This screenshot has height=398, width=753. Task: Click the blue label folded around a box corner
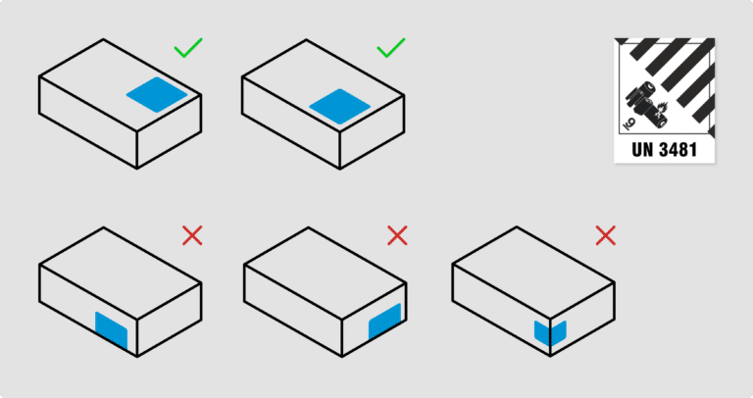[x=550, y=332]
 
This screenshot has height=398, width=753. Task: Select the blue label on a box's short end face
[x=384, y=322]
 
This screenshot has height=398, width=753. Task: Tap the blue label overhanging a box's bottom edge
[x=112, y=329]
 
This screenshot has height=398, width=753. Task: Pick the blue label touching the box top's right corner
[x=157, y=94]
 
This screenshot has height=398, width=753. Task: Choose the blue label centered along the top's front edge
[x=340, y=106]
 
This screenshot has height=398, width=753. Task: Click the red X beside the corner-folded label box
[x=606, y=235]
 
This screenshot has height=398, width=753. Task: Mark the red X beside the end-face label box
[x=397, y=235]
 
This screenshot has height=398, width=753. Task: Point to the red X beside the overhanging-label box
[x=192, y=235]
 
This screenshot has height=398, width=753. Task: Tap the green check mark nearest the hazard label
[x=391, y=47]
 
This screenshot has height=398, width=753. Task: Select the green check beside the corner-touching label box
[x=188, y=47]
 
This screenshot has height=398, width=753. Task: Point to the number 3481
[x=678, y=149]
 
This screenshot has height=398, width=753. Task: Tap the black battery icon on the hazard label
[x=646, y=105]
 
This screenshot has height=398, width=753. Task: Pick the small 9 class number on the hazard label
[x=628, y=124]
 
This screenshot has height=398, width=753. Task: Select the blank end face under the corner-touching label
[x=169, y=131]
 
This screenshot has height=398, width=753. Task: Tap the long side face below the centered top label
[x=291, y=124]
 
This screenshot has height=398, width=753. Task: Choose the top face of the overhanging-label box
[x=120, y=274]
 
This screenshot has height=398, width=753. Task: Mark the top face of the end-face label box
[x=326, y=274]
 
